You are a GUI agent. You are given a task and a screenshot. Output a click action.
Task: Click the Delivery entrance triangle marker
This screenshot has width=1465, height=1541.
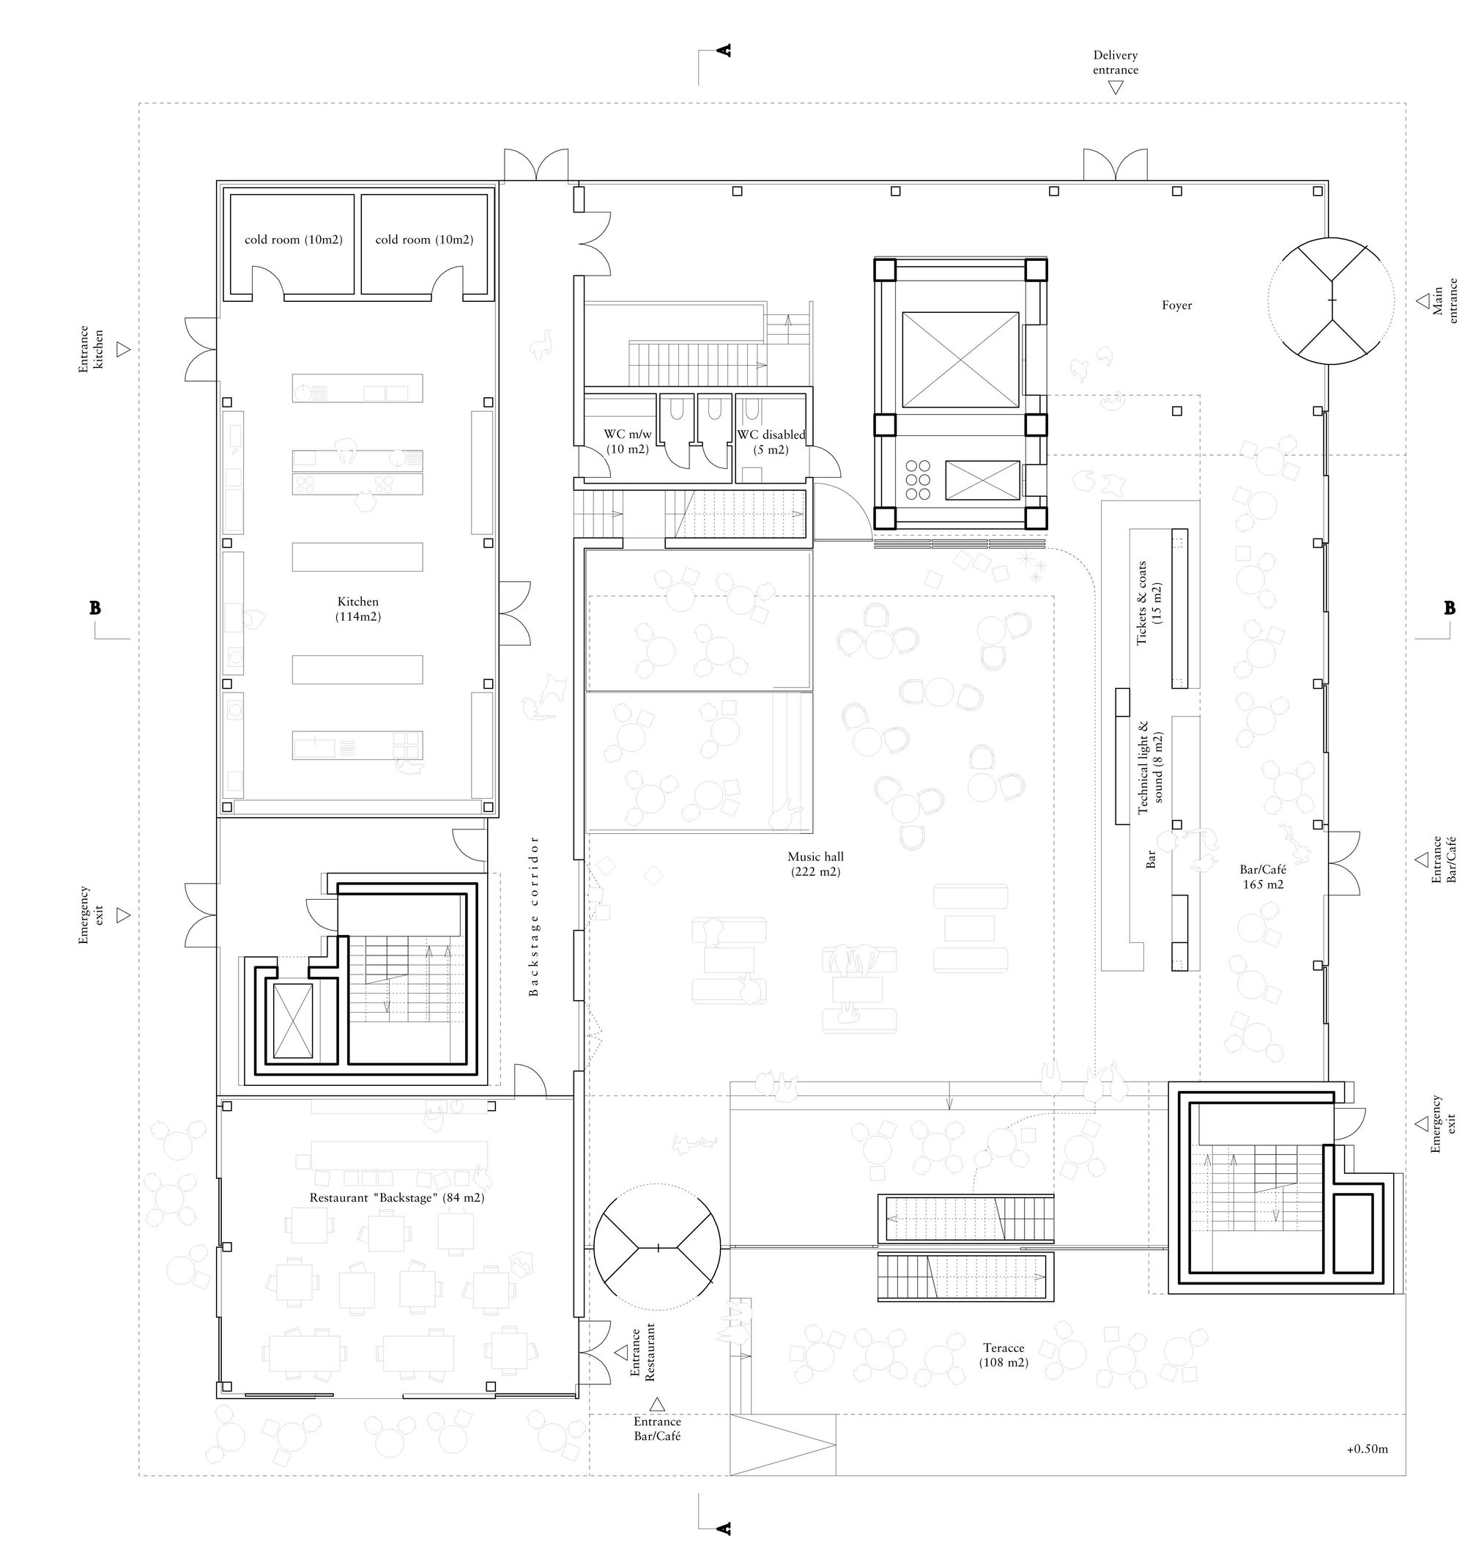coord(1115,87)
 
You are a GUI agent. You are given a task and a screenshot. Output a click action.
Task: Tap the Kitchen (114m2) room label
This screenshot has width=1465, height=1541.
coord(357,608)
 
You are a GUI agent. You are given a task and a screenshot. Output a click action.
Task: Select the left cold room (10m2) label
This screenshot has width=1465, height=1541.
coord(293,240)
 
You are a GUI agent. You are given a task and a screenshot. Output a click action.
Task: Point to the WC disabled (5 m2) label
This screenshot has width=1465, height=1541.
coord(771,442)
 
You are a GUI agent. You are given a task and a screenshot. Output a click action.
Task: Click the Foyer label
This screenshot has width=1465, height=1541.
coord(1176,306)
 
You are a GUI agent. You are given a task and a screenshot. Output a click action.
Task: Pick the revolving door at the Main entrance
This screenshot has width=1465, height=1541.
coord(1331,300)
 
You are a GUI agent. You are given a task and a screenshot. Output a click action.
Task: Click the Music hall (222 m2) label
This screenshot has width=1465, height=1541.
coord(815,864)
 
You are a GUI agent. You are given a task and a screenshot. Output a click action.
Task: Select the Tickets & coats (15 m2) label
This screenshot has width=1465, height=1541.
coord(1149,603)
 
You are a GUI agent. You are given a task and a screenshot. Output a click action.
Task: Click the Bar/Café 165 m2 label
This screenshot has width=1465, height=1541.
coord(1263,876)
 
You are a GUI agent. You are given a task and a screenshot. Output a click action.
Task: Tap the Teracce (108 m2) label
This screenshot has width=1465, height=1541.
coord(1004,1354)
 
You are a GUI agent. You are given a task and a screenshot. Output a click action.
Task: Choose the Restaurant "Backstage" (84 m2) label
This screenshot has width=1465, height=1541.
coord(397,1197)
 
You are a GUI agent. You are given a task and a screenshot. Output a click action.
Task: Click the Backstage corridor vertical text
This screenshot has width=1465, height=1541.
coord(534,916)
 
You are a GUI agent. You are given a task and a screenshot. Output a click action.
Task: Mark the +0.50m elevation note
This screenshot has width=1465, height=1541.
coord(1368,1449)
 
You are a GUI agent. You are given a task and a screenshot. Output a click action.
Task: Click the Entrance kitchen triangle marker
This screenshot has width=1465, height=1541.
coord(122,349)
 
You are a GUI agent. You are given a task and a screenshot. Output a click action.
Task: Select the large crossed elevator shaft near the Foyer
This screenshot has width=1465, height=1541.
coord(960,359)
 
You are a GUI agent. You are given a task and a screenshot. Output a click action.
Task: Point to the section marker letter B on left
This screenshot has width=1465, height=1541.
coord(95,607)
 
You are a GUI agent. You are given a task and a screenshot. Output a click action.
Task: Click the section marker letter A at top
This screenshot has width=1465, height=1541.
coord(724,51)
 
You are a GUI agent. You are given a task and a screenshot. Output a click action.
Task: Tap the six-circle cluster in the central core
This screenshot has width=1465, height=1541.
coord(918,479)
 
